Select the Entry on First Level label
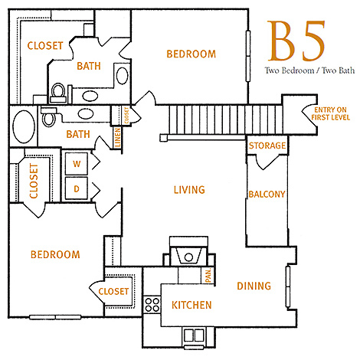(331, 116)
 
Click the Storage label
(267, 146)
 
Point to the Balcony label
(267, 195)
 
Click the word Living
(189, 189)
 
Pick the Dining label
(254, 286)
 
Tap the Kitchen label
(191, 305)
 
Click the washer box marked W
(77, 163)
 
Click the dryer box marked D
(77, 187)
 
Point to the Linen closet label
(117, 139)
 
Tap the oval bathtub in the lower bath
(22, 126)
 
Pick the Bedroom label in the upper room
(191, 54)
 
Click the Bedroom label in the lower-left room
(55, 254)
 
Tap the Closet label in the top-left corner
(44, 46)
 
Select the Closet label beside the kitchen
(114, 291)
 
